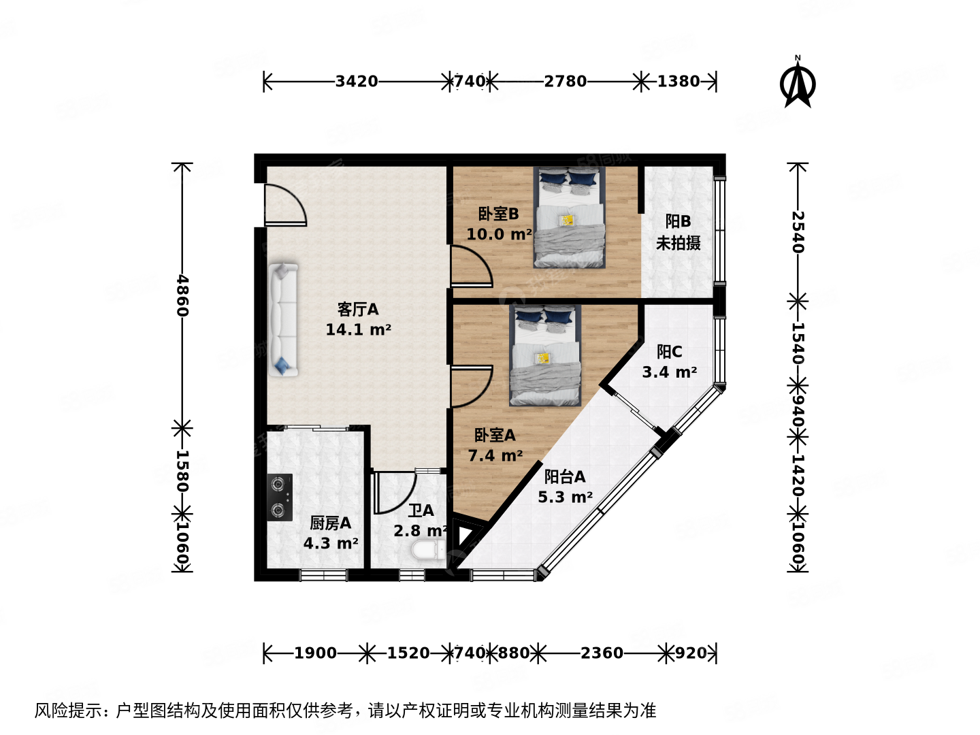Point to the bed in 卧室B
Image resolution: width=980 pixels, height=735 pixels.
coord(570,218)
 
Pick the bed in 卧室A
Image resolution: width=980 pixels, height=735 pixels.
coord(545,355)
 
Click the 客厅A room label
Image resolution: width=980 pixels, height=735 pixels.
coord(358,310)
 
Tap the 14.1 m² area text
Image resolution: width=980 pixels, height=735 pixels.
coord(358,330)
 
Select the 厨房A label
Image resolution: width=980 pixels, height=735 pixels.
coord(331,523)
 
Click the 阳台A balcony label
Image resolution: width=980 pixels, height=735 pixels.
coord(565,476)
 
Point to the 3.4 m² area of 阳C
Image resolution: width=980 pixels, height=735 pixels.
coord(669,372)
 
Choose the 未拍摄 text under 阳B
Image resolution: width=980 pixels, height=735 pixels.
coord(678,243)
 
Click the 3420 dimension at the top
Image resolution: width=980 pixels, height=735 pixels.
coord(357,82)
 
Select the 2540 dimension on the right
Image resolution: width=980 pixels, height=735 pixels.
coord(798,231)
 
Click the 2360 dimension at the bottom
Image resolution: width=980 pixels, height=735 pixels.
coord(602,653)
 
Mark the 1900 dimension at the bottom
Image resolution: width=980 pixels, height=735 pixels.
coord(315,653)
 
